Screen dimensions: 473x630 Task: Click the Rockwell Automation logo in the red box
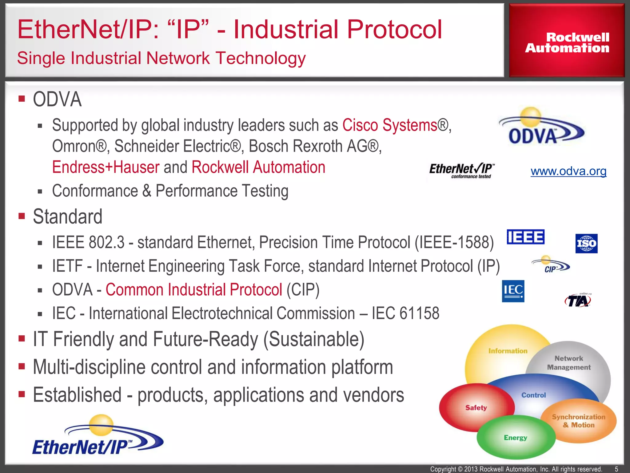pos(567,42)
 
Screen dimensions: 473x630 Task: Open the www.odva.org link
pos(568,171)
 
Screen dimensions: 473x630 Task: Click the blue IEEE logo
pos(525,237)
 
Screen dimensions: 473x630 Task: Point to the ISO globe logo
pos(586,243)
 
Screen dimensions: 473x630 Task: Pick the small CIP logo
pos(551,265)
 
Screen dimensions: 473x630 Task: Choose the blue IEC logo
pos(513,291)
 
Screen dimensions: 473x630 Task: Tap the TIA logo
pos(578,300)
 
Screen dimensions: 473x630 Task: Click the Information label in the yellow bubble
pos(508,351)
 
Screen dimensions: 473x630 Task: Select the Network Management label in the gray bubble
pos(569,363)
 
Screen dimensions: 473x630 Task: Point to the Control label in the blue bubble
pos(533,395)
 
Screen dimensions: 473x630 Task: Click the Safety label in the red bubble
pos(476,408)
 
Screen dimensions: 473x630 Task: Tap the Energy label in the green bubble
pos(515,438)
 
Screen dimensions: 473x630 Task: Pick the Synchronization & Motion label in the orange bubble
pos(579,421)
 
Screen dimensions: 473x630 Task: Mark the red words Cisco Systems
pos(390,125)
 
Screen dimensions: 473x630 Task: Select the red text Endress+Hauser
pos(106,167)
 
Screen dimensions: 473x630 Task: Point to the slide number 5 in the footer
pos(616,469)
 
